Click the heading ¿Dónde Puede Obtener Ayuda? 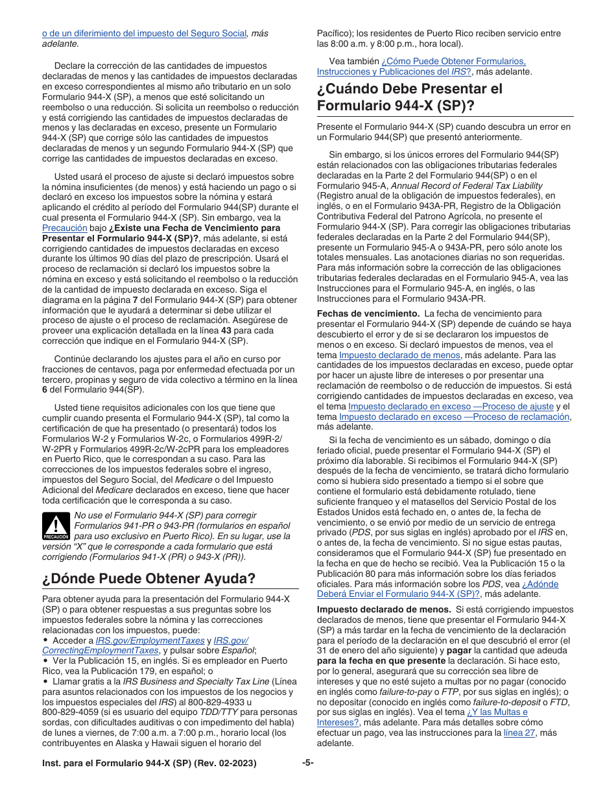[x=148, y=578]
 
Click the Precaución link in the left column [x=64, y=228]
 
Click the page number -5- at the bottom [x=308, y=763]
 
